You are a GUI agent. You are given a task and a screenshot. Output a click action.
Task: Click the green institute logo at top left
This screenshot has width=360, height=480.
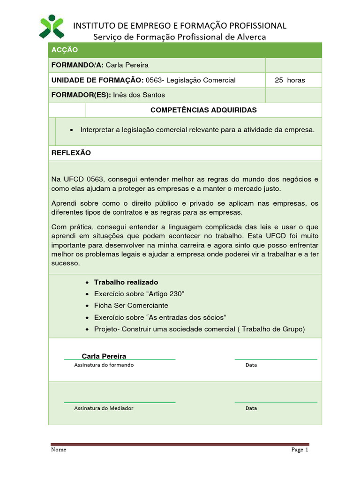51,26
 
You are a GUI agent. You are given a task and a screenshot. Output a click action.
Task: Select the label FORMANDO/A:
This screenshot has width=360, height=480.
78,65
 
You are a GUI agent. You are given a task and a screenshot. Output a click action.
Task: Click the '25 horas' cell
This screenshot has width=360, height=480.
290,80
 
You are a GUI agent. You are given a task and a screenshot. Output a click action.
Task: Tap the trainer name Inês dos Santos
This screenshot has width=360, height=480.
139,95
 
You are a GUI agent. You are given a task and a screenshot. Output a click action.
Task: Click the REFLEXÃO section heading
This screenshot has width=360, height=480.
71,153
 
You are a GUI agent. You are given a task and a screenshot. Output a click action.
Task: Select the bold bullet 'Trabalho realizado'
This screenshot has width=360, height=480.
126,282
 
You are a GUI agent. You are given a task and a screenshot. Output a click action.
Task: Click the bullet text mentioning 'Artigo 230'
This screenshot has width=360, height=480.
139,294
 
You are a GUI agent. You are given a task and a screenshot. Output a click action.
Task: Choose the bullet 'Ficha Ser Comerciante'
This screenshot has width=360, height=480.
131,305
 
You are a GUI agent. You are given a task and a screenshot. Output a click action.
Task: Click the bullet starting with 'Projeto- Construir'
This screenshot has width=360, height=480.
199,329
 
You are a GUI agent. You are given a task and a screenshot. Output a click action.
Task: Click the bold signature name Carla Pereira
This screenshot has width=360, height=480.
104,356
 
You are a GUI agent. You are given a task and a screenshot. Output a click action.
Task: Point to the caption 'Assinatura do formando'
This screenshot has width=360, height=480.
104,365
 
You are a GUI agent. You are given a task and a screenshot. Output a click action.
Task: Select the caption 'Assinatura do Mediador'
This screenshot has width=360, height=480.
104,408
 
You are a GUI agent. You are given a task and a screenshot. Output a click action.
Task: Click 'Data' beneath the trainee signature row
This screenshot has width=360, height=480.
251,365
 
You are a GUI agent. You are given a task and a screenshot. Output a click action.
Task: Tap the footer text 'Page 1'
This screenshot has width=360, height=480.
300,450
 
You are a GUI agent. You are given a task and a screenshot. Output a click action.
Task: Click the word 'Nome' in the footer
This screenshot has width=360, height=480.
59,450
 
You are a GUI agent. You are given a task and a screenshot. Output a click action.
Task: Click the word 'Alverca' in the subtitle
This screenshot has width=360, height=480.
250,37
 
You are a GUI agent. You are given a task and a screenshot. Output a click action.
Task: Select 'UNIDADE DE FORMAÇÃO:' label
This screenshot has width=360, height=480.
97,80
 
